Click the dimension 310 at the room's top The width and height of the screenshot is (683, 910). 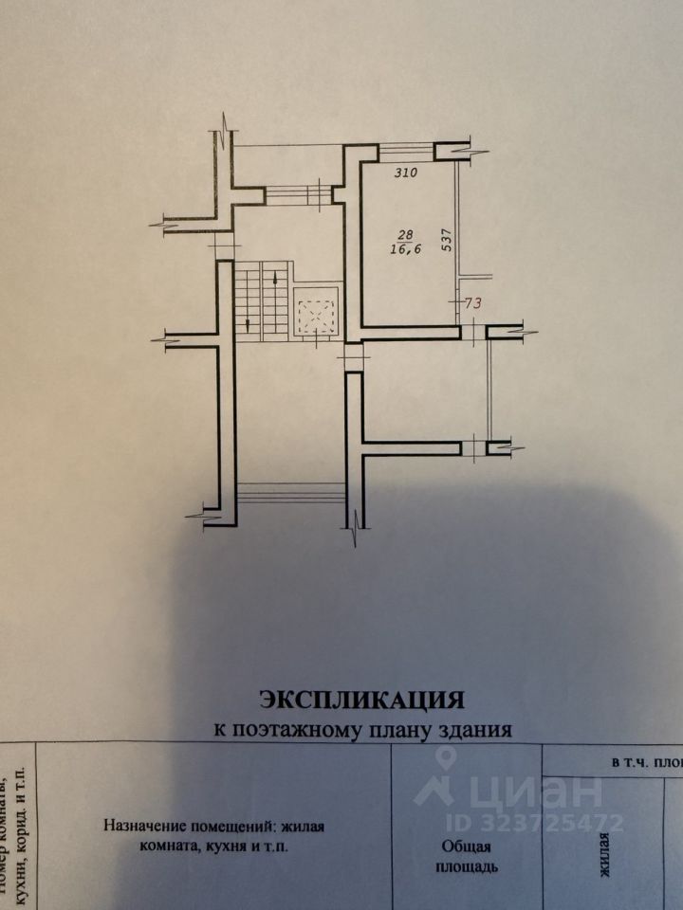click(405, 173)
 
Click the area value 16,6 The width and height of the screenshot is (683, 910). click(404, 249)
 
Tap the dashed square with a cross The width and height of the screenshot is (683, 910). click(315, 312)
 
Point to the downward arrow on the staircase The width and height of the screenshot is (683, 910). click(249, 322)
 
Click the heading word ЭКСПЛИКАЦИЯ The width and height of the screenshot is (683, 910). click(361, 700)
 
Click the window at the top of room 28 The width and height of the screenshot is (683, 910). click(406, 148)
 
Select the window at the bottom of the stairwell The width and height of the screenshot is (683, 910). click(290, 493)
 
